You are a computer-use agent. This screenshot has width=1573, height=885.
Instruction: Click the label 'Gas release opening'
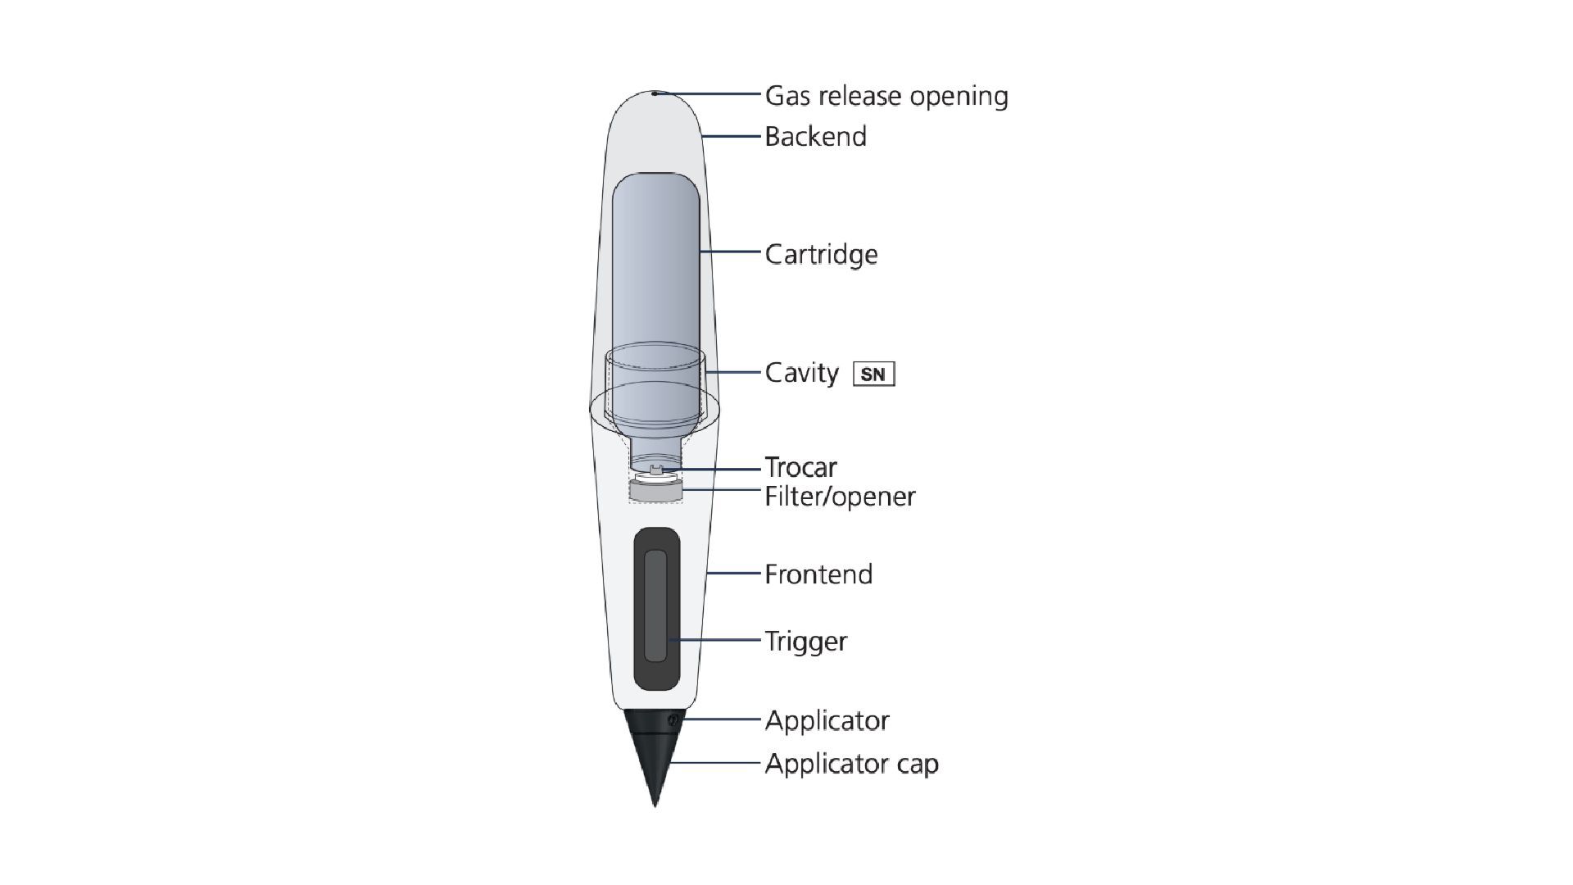pyautogui.click(x=886, y=96)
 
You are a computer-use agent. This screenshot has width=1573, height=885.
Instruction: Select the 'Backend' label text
pyautogui.click(x=815, y=136)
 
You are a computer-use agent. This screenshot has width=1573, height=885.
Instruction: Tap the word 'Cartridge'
pyautogui.click(x=821, y=254)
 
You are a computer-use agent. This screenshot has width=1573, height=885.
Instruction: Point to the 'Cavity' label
pyautogui.click(x=801, y=373)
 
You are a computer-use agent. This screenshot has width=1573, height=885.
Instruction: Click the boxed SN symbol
pyautogui.click(x=873, y=374)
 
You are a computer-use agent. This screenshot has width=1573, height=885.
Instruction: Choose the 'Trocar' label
pyautogui.click(x=800, y=467)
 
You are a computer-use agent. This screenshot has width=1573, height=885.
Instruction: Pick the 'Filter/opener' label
pyautogui.click(x=840, y=496)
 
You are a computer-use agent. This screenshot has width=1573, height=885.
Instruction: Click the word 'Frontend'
pyautogui.click(x=818, y=574)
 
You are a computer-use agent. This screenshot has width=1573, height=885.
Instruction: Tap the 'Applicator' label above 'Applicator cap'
pyautogui.click(x=827, y=720)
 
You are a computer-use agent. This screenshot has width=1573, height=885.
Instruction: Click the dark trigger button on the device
pyautogui.click(x=656, y=606)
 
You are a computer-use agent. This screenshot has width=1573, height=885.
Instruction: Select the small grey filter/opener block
pyautogui.click(x=655, y=491)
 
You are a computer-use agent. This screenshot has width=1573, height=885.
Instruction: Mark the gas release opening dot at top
pyautogui.click(x=655, y=93)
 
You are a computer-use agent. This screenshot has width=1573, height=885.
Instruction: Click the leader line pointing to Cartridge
pyautogui.click(x=731, y=252)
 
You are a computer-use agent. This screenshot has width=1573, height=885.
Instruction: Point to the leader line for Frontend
pyautogui.click(x=733, y=574)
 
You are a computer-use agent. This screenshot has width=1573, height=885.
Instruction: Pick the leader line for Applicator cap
pyautogui.click(x=717, y=763)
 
